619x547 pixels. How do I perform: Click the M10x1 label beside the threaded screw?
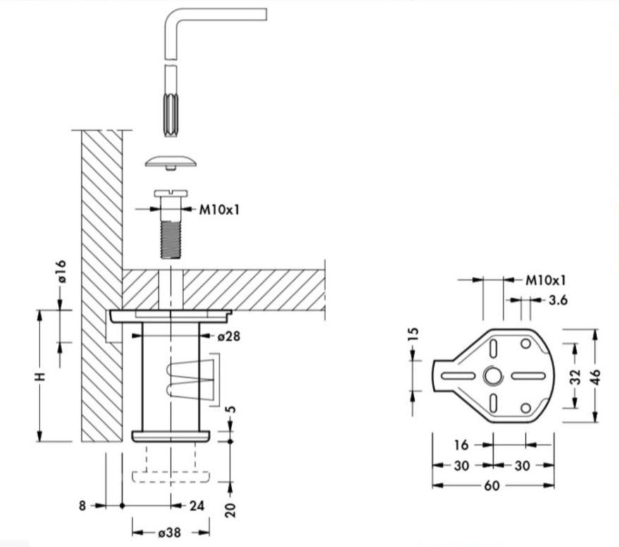click(219, 209)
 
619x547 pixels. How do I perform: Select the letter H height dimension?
click(41, 376)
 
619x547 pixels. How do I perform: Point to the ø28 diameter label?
click(229, 337)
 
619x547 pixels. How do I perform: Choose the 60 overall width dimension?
click(492, 485)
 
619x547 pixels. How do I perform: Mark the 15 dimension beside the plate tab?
click(414, 333)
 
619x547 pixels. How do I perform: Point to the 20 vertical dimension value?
click(231, 509)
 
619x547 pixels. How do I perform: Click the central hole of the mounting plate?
click(492, 376)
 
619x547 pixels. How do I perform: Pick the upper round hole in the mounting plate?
click(525, 344)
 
